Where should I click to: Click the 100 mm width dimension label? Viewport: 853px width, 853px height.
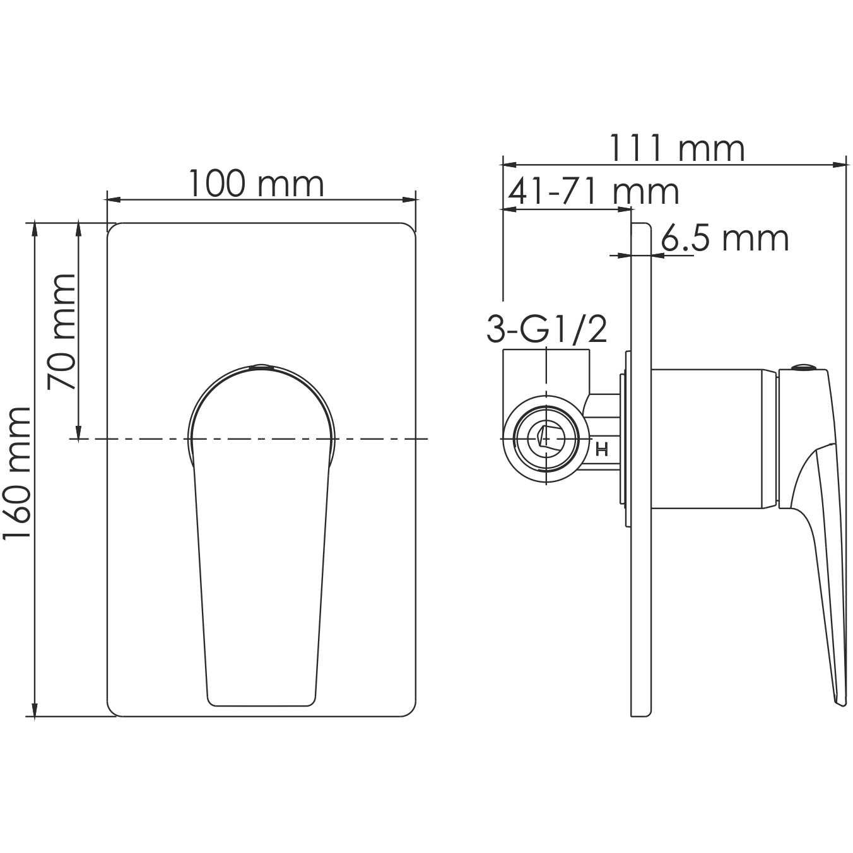pos(256,184)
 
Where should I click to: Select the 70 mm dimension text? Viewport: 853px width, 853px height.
pos(62,332)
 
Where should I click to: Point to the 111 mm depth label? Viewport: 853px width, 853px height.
pos(676,149)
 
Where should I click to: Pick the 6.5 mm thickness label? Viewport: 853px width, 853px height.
pos(725,239)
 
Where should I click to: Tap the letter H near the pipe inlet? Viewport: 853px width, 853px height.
pos(601,450)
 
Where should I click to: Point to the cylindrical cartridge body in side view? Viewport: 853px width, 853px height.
pos(713,438)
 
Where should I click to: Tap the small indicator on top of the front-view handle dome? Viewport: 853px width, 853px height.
pos(261,365)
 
